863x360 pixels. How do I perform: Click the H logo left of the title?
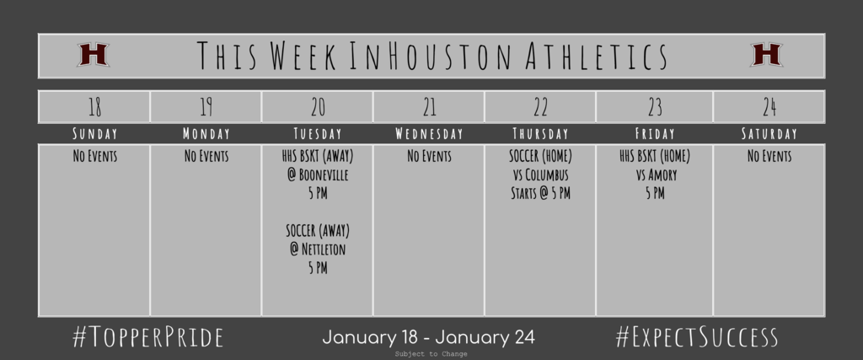93,55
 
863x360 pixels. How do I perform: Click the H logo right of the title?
766,55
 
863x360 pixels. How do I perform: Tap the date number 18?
94,107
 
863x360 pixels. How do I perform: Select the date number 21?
429,107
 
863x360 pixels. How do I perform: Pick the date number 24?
769,107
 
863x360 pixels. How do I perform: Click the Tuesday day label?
318,134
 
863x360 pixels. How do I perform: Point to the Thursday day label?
540,134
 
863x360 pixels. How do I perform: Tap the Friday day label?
655,134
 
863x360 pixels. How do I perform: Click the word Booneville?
324,175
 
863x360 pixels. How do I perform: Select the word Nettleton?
324,250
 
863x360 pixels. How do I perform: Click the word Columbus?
547,175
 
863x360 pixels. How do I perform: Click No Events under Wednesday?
429,156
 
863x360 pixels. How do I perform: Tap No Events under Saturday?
769,156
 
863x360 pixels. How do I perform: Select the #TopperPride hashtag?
148,337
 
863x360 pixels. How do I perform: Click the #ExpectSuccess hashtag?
697,337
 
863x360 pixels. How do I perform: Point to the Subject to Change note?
431,354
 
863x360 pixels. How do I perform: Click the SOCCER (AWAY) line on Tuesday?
318,231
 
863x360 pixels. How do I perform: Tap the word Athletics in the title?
596,56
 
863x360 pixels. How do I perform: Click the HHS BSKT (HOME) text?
655,156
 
